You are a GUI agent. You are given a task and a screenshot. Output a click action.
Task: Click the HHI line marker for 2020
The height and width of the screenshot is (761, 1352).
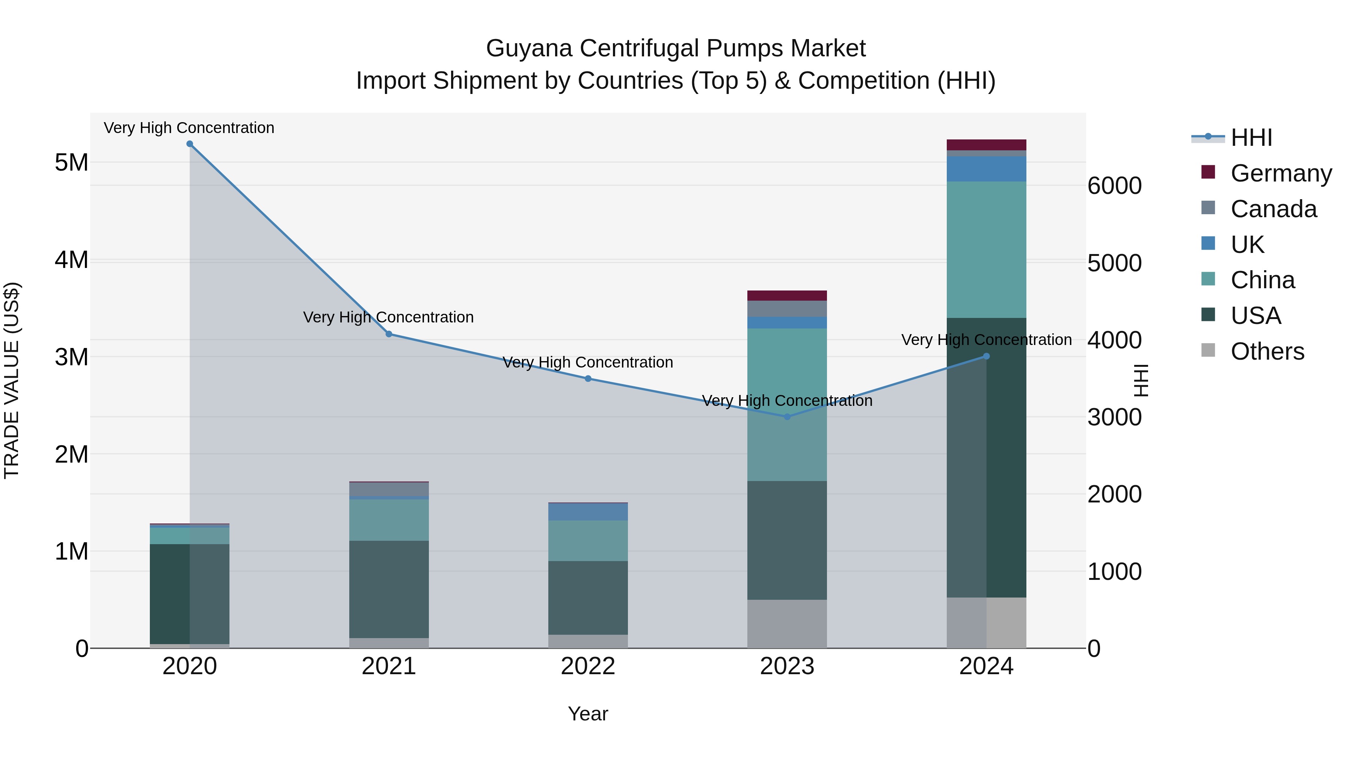(x=190, y=144)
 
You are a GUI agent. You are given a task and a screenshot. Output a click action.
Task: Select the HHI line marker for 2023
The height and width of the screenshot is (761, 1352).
(x=787, y=416)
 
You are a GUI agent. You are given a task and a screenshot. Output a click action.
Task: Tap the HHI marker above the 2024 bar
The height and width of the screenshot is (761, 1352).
(x=986, y=356)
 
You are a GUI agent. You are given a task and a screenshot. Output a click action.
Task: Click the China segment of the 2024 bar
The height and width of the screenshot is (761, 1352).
(x=986, y=250)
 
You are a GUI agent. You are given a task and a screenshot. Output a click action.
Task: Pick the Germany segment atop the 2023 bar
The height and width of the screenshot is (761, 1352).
(x=787, y=295)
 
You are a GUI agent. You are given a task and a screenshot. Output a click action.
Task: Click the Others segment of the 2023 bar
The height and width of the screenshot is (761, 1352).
(x=787, y=624)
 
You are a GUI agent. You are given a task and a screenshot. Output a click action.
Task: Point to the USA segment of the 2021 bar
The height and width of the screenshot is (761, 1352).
(x=389, y=589)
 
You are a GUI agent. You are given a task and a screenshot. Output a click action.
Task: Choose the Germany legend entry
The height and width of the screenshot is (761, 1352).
(x=1281, y=173)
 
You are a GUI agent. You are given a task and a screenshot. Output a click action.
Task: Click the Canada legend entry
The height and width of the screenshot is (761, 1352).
(x=1273, y=209)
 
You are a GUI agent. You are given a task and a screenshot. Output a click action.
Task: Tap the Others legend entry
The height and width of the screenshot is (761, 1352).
(x=1267, y=351)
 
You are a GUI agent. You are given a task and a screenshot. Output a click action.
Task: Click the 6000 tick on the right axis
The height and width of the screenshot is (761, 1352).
(x=1114, y=186)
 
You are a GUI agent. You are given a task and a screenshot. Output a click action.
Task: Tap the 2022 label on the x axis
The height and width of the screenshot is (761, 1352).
(x=588, y=666)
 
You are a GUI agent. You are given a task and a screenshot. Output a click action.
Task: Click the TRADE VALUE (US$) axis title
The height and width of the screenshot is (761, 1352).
(x=12, y=380)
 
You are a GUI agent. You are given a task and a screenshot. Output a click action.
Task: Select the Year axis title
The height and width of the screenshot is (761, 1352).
(x=588, y=714)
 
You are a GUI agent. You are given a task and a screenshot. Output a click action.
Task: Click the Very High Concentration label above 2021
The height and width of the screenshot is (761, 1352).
(x=388, y=317)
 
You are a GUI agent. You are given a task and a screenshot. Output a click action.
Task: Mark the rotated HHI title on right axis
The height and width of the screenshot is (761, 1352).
(x=1141, y=380)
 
